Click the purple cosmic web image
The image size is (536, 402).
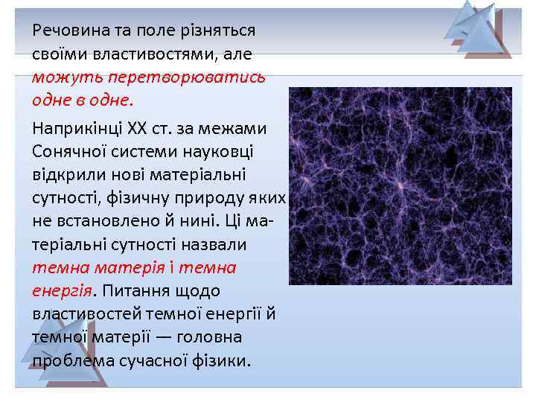[400, 186]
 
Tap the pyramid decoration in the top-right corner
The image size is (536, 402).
[477, 30]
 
